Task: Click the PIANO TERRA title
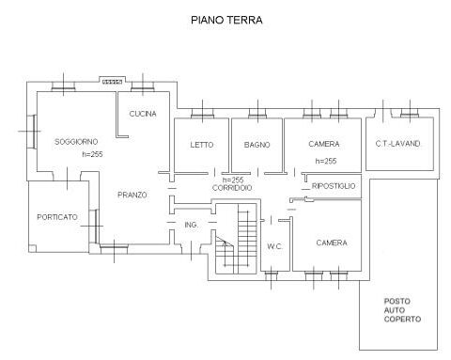pos(226,20)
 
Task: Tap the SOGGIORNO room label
pos(76,142)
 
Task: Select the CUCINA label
pos(143,114)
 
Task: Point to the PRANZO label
pos(132,195)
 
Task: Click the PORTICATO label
pos(57,217)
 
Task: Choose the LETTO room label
pos(202,145)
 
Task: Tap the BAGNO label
pos(257,145)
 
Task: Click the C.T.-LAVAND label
pos(397,144)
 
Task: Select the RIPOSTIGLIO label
pos(334,186)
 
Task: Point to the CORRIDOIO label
pos(232,188)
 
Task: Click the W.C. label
pos(275,246)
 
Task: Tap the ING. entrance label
pos(191,225)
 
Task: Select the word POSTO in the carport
pos(397,301)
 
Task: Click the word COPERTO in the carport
pos(402,319)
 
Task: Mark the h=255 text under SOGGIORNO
pos(92,154)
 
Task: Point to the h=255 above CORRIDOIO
pos(233,180)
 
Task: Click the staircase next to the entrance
pos(236,239)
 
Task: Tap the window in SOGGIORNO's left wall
pos(32,131)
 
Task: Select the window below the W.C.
pos(271,275)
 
